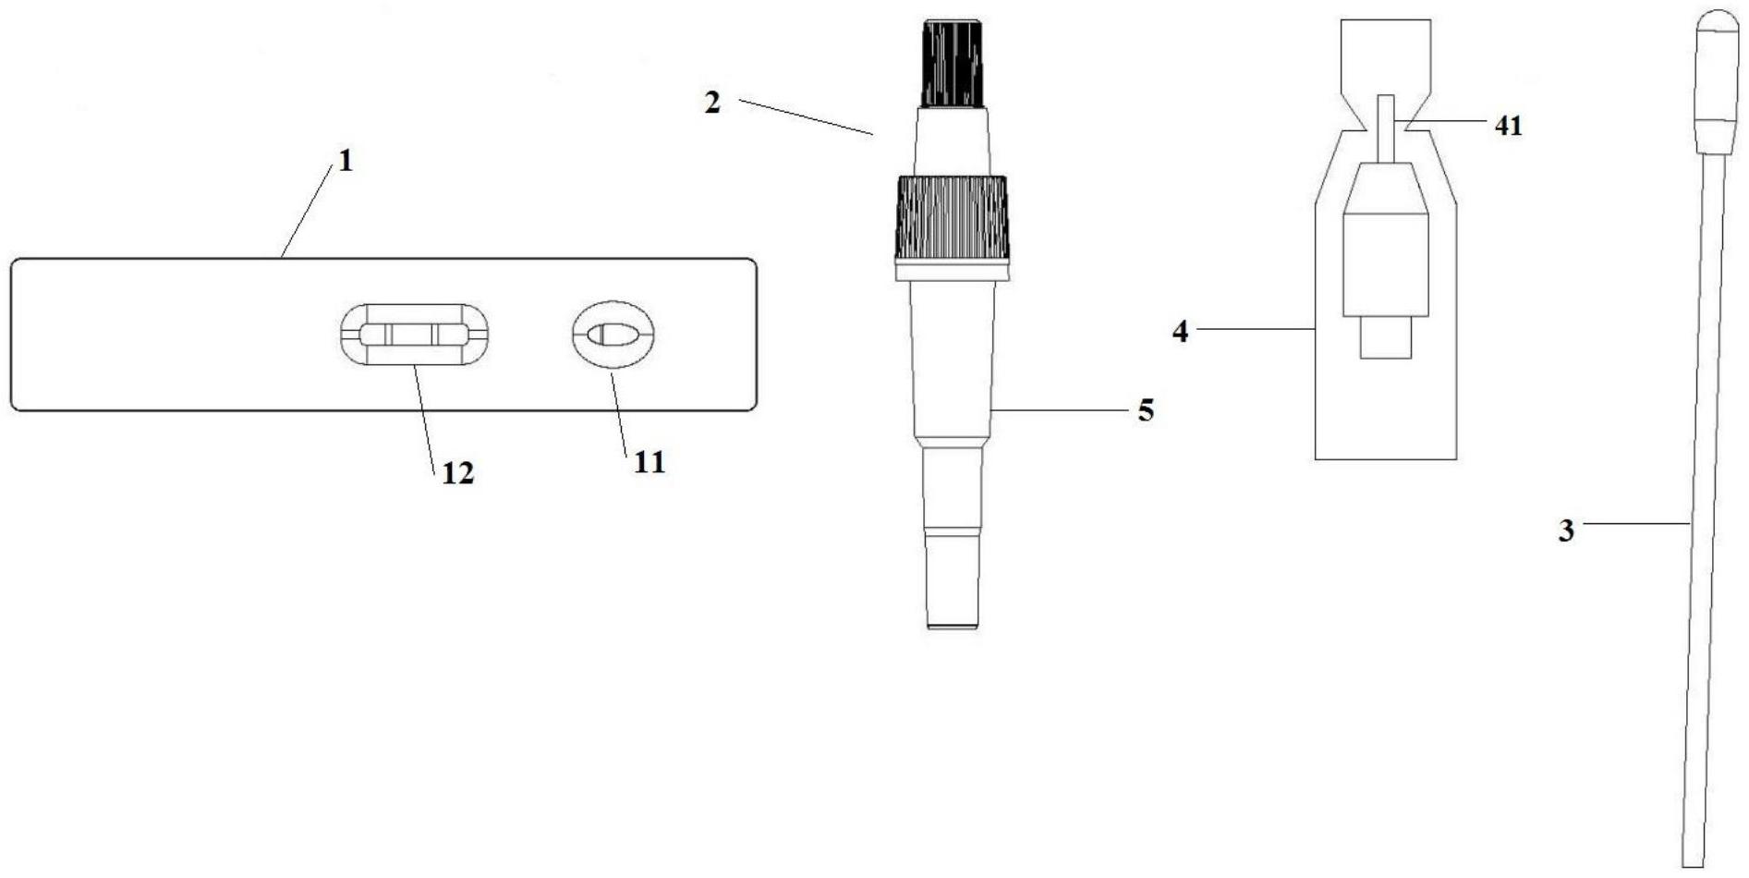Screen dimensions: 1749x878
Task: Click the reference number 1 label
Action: [346, 162]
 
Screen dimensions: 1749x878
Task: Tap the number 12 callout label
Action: [457, 473]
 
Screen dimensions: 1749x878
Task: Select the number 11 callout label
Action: [649, 461]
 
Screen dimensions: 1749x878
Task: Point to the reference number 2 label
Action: [711, 103]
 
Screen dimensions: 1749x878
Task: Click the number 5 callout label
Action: [1146, 410]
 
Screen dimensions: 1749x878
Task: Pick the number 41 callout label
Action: [1508, 126]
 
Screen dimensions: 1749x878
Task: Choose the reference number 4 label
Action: [1180, 331]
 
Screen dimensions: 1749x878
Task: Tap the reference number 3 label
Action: [1566, 530]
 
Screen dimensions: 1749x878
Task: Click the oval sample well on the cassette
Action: [613, 335]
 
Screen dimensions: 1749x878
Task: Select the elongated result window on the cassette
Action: [414, 335]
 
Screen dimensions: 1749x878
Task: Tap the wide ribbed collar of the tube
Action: [952, 218]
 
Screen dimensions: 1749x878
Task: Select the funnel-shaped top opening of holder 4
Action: [1385, 55]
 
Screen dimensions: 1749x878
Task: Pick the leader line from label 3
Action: [1635, 524]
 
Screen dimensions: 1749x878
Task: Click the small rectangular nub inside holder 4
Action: [1385, 338]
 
